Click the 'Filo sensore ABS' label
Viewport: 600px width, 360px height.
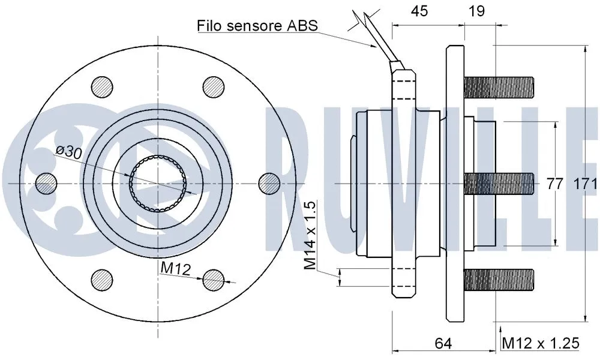click(x=257, y=25)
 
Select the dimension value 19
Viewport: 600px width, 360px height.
click(x=476, y=11)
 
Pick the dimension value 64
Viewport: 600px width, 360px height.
click(x=442, y=343)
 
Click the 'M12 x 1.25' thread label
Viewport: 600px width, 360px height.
click(x=541, y=343)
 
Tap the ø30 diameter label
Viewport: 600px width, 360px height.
click(x=68, y=152)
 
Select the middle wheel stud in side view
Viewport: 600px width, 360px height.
click(x=498, y=182)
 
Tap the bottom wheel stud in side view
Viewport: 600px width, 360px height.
click(x=498, y=279)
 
